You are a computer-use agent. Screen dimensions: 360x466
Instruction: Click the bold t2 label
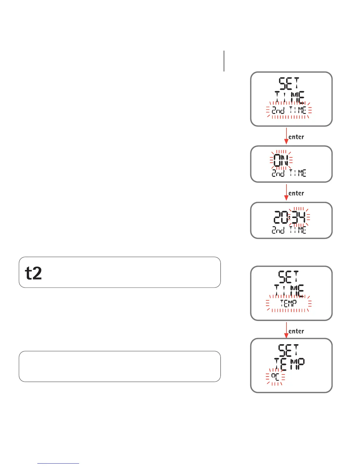(34, 273)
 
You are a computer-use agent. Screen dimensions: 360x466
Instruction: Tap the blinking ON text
(281, 160)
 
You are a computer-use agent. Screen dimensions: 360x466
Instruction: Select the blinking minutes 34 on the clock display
(299, 218)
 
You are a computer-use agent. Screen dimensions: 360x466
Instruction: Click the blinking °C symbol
(275, 377)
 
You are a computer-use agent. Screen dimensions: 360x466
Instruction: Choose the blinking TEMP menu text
(289, 303)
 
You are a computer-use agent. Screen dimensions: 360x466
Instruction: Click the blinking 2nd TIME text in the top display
(289, 110)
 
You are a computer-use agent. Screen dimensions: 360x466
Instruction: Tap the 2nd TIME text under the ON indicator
(289, 173)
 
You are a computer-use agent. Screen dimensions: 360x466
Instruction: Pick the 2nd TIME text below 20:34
(289, 230)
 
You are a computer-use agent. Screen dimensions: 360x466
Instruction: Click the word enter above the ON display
(296, 137)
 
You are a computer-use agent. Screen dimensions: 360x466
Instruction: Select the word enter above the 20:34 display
(296, 193)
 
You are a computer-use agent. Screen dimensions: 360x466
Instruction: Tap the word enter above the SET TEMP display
(296, 331)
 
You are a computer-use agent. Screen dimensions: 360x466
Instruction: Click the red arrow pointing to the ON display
(286, 136)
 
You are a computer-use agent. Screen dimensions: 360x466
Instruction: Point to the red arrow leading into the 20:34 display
(286, 193)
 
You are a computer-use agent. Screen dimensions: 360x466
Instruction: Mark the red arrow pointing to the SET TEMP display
(286, 330)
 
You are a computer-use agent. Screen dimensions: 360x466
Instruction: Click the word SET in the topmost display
(289, 84)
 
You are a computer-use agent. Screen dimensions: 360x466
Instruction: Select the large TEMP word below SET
(289, 364)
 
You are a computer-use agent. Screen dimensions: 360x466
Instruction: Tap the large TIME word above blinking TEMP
(289, 291)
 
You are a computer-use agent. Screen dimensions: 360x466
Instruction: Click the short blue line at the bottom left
(58, 464)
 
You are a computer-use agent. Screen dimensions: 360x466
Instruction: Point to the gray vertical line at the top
(224, 61)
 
